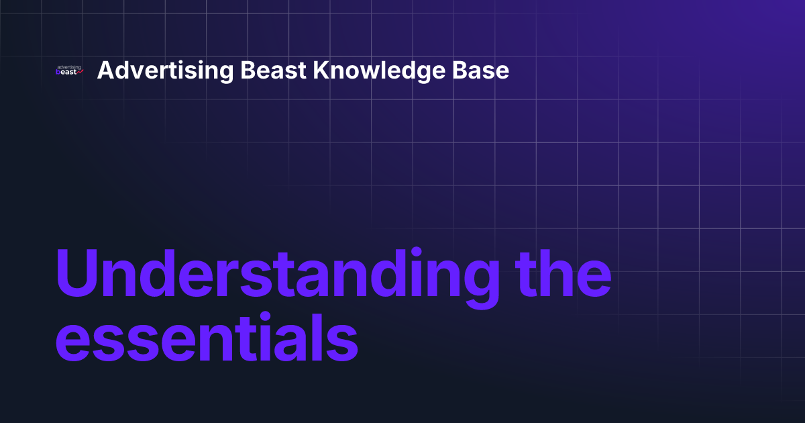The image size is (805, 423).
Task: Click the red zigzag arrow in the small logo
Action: (80, 73)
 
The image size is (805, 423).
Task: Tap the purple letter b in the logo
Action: (58, 73)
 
